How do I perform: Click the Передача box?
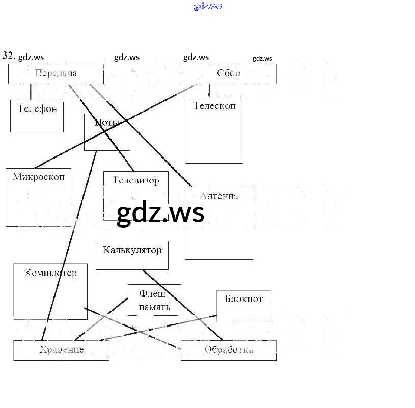pos(56,74)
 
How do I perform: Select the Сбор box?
pos(229,74)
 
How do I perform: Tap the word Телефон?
pos(37,108)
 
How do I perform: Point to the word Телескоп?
pos(214,106)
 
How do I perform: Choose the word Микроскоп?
pos(39,177)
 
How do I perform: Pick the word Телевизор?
pos(135,180)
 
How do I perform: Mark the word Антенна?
pos(219,196)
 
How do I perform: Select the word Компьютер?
pos(50,273)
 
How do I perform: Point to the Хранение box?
pos(61,350)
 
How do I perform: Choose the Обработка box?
pos(229,350)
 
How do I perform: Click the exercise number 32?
pos(9,56)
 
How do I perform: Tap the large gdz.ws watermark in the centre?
pos(160,213)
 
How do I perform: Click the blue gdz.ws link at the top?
pos(208,6)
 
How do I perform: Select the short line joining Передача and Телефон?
pos(31,92)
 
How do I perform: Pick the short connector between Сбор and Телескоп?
pos(209,90)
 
